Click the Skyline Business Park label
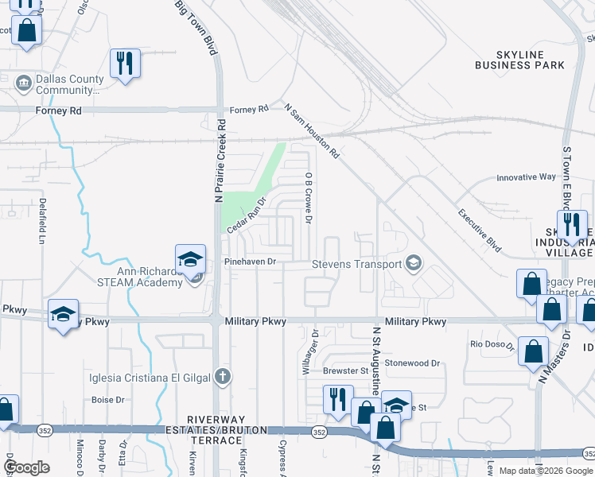click(x=519, y=58)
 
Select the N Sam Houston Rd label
click(x=313, y=130)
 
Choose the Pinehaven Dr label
click(x=250, y=261)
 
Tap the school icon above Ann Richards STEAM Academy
click(x=191, y=259)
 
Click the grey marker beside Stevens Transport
click(x=414, y=263)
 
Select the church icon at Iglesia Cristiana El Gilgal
click(x=224, y=377)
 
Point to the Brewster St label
click(x=345, y=370)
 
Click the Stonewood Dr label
click(x=412, y=363)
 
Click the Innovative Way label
click(x=526, y=177)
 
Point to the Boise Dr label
click(x=108, y=399)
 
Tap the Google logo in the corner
click(x=26, y=467)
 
